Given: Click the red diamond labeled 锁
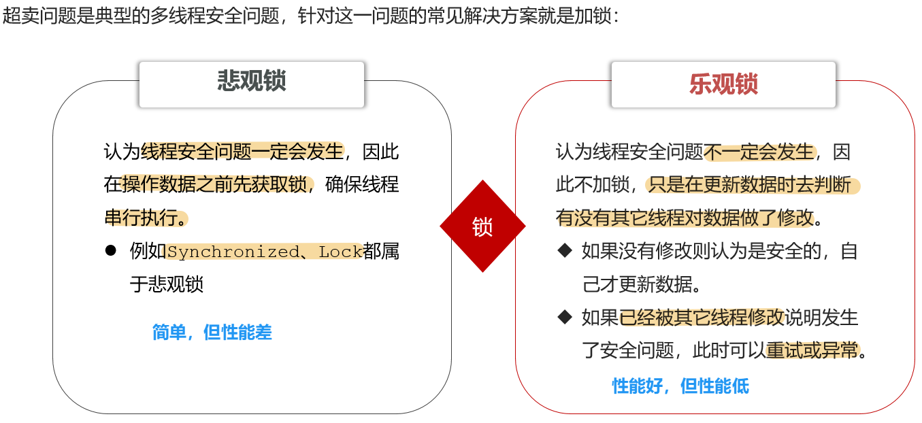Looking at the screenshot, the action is point(482,226).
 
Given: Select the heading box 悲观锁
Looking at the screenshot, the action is point(252,84).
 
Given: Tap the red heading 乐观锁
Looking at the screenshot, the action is point(723,84).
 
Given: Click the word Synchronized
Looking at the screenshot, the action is point(233,252).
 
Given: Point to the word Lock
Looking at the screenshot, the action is point(340,252).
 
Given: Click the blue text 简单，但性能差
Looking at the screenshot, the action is point(212,332).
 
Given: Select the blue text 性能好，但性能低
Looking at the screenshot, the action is point(680,386).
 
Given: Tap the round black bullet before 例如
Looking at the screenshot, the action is point(110,250).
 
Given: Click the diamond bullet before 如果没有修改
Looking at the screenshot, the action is point(565,250).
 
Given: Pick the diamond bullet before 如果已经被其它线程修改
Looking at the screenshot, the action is point(565,317).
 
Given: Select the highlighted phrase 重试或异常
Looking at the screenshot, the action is point(812,350).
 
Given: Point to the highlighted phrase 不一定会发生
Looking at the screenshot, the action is point(759,152).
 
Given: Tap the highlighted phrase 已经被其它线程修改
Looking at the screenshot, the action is point(702,317).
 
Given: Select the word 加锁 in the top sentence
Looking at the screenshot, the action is point(593,16).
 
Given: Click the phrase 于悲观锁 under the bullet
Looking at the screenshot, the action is point(167,284).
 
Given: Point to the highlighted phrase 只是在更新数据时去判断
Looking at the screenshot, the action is point(750,184).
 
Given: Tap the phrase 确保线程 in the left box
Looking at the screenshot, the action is point(362,184).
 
